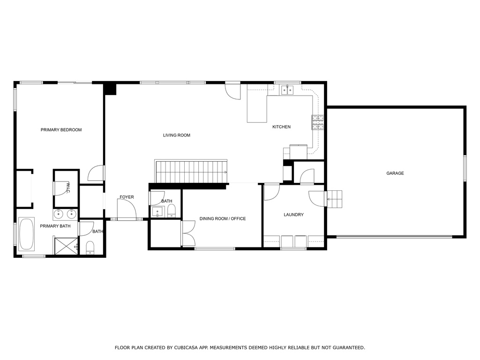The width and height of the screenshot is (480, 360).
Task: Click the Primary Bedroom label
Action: (61, 130)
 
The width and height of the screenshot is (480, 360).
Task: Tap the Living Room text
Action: (176, 135)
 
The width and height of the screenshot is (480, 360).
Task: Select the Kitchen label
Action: (281, 127)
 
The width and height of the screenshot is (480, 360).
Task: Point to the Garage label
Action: (395, 173)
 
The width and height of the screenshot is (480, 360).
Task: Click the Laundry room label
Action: (293, 215)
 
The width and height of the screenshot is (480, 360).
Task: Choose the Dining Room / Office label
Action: (222, 219)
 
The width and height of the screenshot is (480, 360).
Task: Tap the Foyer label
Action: (127, 197)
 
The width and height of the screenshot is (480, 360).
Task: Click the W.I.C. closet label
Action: (68, 187)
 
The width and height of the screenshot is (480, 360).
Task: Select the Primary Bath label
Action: (55, 226)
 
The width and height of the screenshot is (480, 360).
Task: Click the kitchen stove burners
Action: (317, 122)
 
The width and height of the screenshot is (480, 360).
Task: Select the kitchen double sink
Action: (287, 89)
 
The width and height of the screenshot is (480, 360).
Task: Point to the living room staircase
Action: (191, 172)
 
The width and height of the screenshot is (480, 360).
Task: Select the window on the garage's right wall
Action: (465, 168)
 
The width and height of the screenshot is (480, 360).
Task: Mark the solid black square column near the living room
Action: (110, 89)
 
